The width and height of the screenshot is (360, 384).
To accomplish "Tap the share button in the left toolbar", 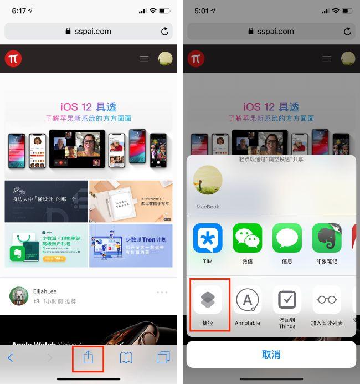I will coord(89,357).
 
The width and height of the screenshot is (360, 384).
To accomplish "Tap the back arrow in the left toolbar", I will coord(11,358).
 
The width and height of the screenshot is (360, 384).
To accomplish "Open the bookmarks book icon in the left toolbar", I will coord(126,358).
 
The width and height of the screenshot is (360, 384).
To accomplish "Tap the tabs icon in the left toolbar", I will coord(163,358).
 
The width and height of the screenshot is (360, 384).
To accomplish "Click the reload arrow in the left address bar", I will coord(164,32).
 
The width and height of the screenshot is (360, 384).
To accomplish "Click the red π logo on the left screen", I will coord(13,59).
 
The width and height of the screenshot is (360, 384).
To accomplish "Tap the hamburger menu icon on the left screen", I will coord(144,59).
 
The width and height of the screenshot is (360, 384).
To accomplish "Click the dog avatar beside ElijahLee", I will coord(19,296).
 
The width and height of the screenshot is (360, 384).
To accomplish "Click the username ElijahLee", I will coord(44,291).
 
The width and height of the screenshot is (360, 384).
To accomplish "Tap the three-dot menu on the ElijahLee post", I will coord(162,292).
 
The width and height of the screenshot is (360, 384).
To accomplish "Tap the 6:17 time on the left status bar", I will coord(19,11).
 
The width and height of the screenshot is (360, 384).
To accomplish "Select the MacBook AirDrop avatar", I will coord(208,181).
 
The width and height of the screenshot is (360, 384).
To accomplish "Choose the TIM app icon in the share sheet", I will coord(208,238).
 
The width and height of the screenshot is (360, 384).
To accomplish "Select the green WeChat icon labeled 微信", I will coord(247,238).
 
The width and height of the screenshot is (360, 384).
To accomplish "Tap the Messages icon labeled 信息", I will coord(287,238).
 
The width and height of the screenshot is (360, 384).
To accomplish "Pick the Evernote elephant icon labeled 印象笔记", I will coord(327,238).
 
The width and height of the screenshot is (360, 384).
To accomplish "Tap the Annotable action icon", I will coord(247,300).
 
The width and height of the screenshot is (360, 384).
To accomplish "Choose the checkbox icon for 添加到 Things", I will coord(287,300).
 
